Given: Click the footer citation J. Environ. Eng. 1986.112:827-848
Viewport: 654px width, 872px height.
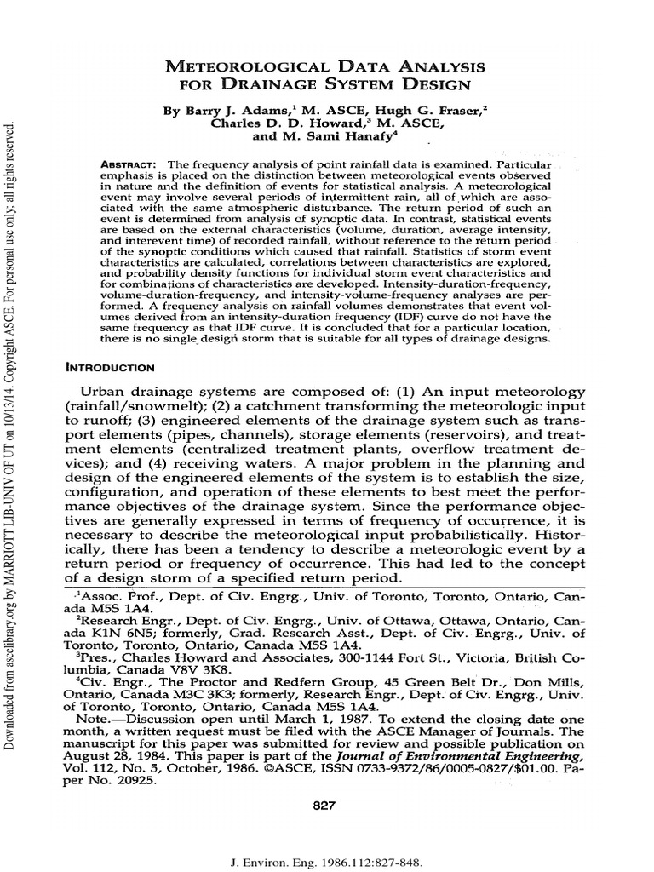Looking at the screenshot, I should (x=327, y=863).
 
